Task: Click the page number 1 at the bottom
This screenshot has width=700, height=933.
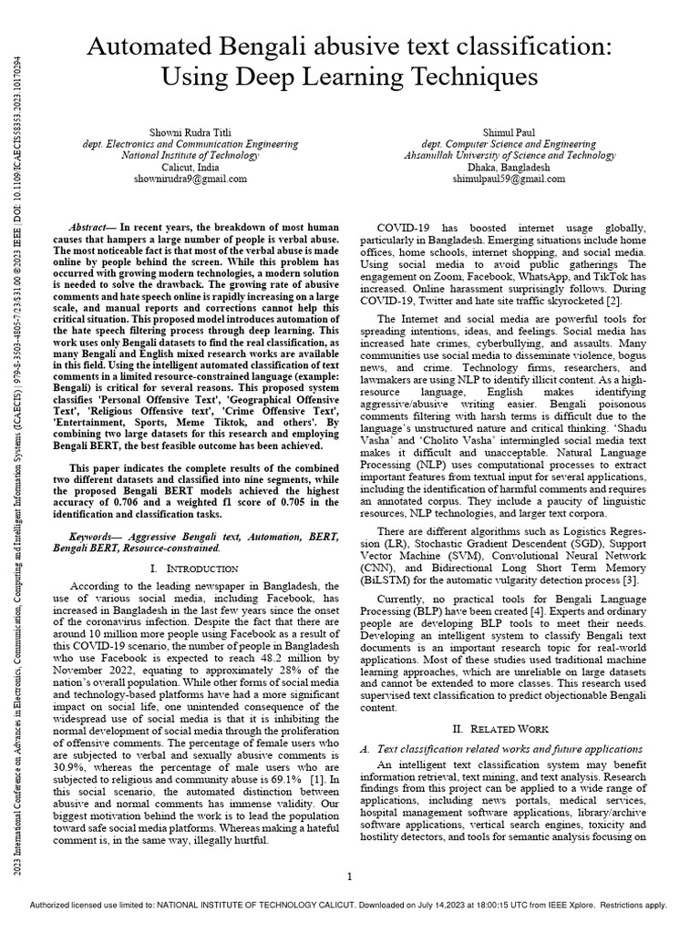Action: pos(350,877)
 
